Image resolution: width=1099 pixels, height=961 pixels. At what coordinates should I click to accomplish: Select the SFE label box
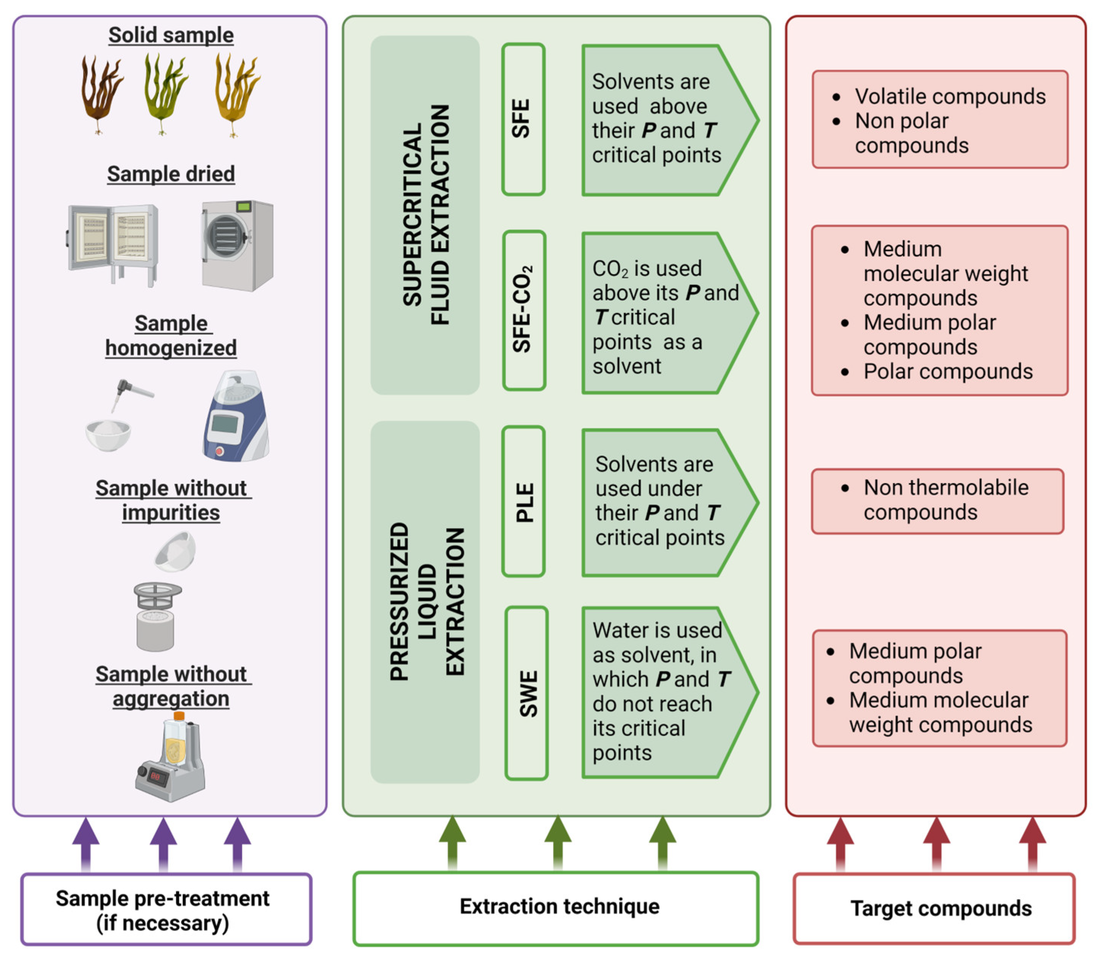point(523,119)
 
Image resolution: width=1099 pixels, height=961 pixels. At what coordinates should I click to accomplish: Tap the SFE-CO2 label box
point(523,310)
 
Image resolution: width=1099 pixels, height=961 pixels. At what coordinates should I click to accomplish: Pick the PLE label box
point(523,501)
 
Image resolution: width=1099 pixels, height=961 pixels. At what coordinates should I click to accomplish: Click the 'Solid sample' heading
point(171,35)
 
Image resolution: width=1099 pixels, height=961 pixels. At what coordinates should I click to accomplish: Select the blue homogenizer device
point(236,415)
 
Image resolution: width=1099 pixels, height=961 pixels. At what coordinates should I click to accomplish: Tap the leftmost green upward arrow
point(452,842)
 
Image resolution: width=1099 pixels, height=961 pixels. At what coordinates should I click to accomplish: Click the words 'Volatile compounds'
point(949,97)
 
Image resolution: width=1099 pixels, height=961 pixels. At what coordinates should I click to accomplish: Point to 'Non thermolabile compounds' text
point(945,499)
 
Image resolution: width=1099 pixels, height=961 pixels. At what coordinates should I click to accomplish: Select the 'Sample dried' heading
point(171,174)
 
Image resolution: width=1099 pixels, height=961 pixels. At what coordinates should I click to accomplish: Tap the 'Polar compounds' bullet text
point(947,371)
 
